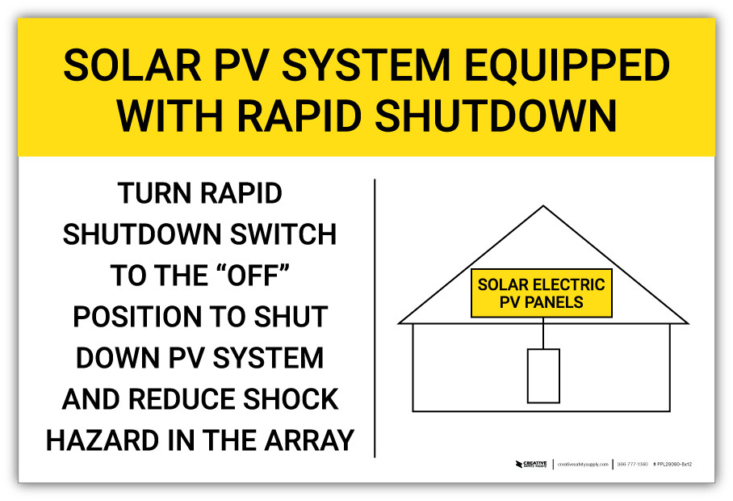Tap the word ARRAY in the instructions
coord(309,440)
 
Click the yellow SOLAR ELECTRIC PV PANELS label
coord(542,293)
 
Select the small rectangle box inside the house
coord(543,376)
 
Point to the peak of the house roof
coord(543,208)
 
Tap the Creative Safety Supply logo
coord(531,465)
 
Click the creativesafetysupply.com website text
coord(583,465)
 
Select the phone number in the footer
coord(632,465)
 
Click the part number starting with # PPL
coord(673,465)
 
